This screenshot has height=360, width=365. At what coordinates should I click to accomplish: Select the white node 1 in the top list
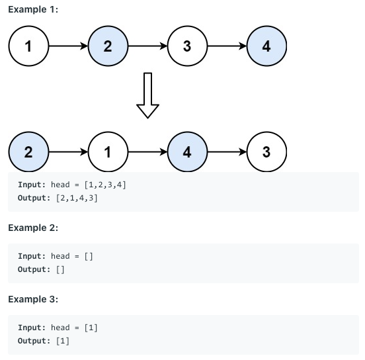[28, 46]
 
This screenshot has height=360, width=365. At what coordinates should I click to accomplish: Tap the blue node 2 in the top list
[108, 46]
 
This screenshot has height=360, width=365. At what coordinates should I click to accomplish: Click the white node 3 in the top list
[187, 46]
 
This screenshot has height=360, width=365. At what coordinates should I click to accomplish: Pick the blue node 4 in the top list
[266, 46]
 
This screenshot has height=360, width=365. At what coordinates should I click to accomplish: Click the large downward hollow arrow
[147, 95]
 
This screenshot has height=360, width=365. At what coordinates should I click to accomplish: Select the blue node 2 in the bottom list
[28, 152]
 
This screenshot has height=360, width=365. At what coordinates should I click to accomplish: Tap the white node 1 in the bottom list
[108, 152]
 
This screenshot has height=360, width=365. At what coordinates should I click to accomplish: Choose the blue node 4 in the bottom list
[187, 152]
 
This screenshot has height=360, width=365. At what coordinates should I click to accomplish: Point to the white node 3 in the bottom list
[266, 152]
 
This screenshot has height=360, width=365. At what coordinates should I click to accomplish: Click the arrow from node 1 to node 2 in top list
[68, 46]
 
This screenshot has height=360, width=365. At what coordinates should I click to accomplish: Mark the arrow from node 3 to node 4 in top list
[227, 46]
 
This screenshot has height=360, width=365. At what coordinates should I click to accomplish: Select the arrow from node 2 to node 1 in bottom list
[68, 152]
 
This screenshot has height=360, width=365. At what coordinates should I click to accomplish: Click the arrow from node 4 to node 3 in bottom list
[227, 152]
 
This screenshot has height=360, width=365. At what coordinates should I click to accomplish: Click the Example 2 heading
[33, 228]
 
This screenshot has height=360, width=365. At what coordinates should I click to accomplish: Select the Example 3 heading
[33, 299]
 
